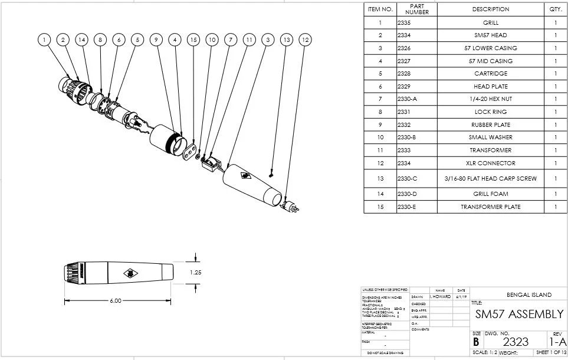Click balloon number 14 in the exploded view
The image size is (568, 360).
pyautogui.click(x=81, y=40)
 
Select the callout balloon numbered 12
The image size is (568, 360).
pyautogui.click(x=305, y=40)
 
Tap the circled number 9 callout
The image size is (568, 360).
pyautogui.click(x=156, y=40)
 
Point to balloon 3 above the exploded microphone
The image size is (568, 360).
pyautogui.click(x=268, y=40)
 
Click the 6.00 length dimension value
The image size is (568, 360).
pyautogui.click(x=116, y=301)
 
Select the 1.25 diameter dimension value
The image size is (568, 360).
pyautogui.click(x=196, y=273)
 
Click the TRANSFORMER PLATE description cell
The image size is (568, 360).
pyautogui.click(x=490, y=207)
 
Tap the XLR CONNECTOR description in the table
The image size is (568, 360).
pyautogui.click(x=490, y=163)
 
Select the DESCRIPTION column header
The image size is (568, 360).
pyautogui.click(x=490, y=9)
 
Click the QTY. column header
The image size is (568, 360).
pyautogui.click(x=555, y=9)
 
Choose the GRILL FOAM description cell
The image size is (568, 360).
pyautogui.click(x=490, y=194)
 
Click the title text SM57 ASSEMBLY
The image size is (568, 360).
pyautogui.click(x=519, y=314)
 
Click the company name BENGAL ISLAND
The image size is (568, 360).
pyautogui.click(x=529, y=294)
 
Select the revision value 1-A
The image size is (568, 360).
pyautogui.click(x=557, y=342)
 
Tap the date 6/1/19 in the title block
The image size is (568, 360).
pyautogui.click(x=461, y=296)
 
